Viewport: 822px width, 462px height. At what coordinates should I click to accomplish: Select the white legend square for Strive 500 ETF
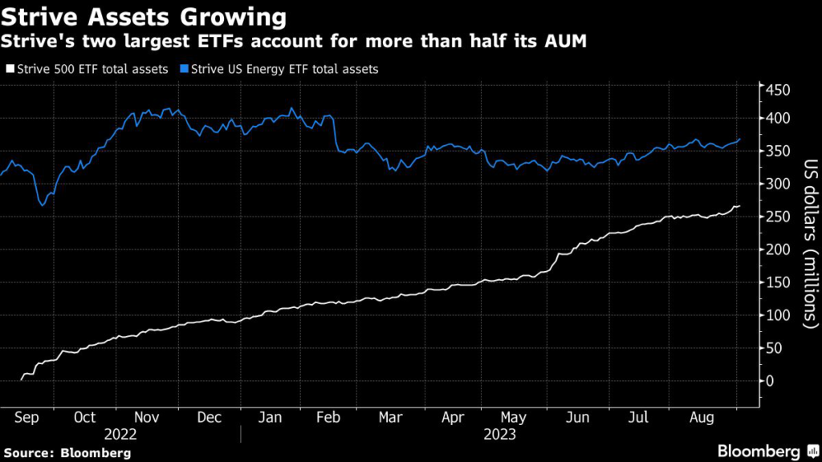coord(10,70)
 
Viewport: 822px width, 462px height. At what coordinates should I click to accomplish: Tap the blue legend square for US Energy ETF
coord(181,70)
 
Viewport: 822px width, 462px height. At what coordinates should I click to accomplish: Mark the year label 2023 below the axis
coord(499,435)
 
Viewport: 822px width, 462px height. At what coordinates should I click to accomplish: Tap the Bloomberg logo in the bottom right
coord(757,451)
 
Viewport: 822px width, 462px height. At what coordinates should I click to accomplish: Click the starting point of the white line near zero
coord(20,379)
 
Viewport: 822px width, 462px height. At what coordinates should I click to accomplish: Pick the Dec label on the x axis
coord(209,418)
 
